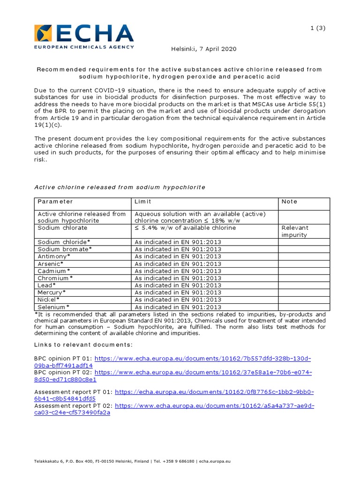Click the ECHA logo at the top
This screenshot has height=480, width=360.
point(84,36)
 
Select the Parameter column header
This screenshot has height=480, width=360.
point(55,202)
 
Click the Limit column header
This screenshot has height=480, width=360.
point(143,202)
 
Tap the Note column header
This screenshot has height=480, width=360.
point(289,202)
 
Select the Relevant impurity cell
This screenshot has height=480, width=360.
point(295,231)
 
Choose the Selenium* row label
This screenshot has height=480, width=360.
point(54,307)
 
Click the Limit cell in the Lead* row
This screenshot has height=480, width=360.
point(178,285)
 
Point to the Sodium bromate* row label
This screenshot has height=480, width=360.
point(63,249)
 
